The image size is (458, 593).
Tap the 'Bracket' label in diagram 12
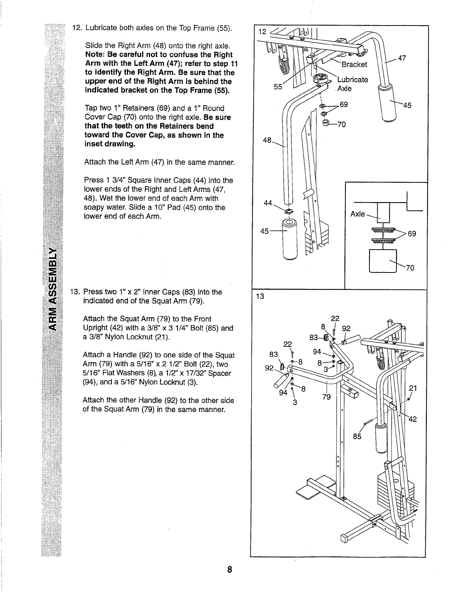coord(354,65)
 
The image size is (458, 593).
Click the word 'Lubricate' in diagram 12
coord(353,80)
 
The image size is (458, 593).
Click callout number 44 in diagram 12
coord(268,203)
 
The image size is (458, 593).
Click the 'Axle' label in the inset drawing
coord(357,214)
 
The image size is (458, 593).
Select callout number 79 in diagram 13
coord(327,397)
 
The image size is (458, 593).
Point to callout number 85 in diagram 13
coord(357,436)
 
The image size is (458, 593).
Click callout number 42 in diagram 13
coord(412,419)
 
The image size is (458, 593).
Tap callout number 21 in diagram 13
coord(413,388)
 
